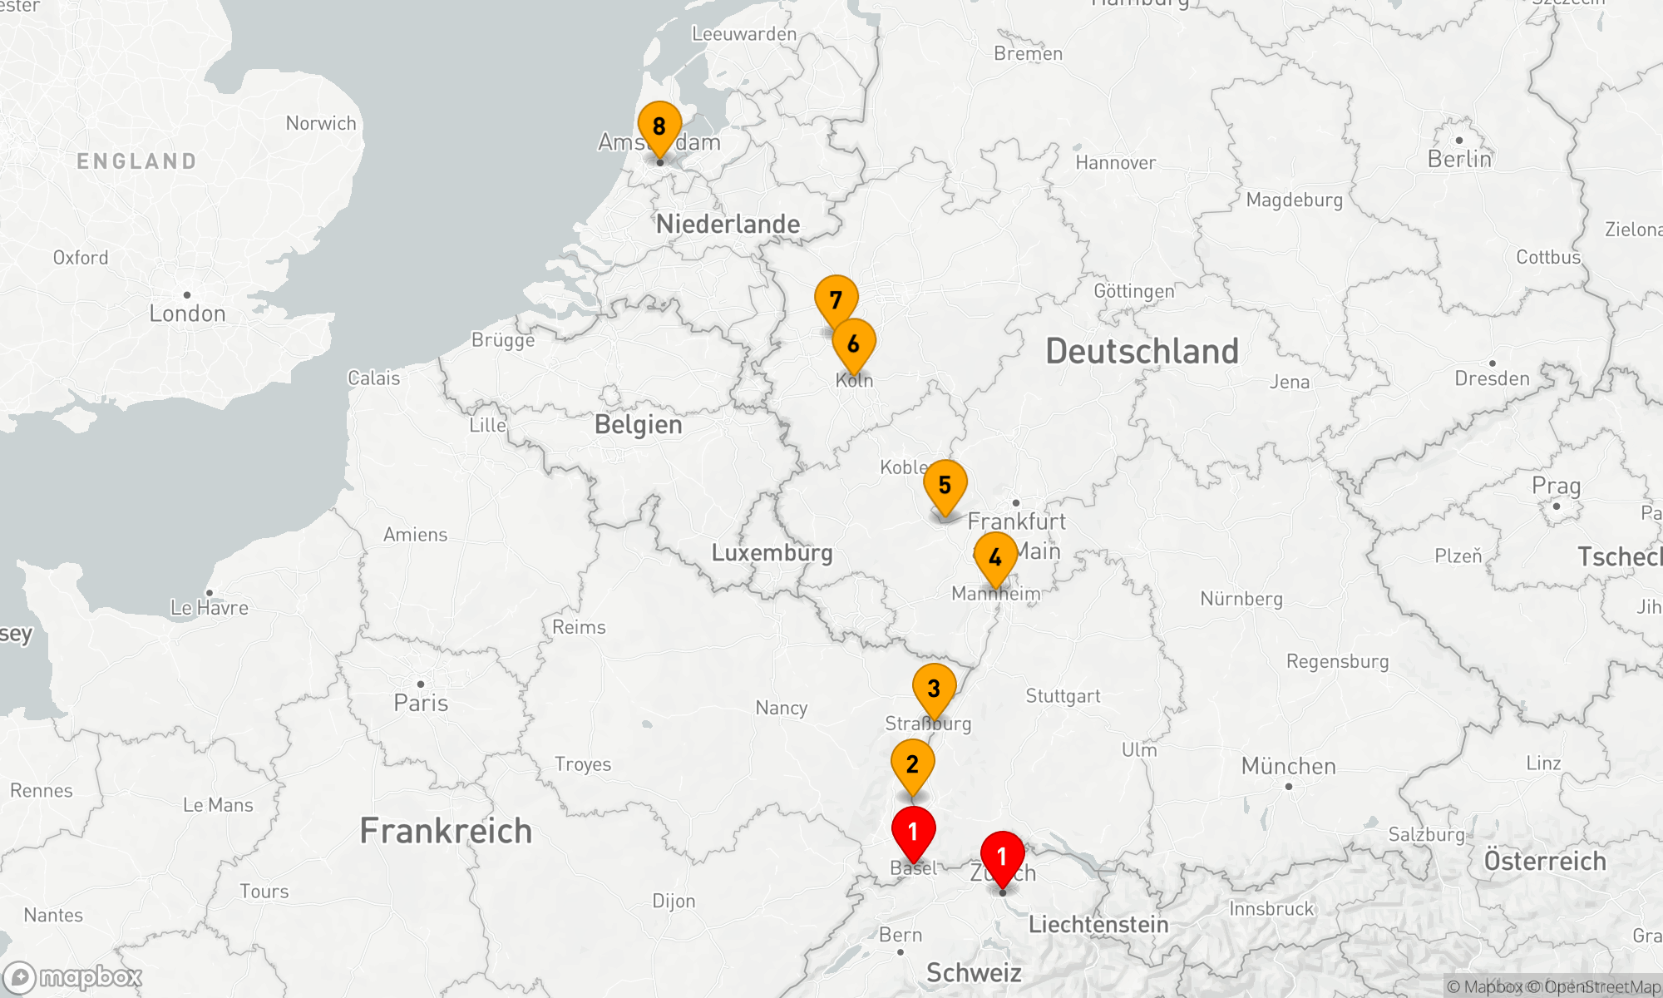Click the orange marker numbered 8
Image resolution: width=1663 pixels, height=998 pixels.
point(659,127)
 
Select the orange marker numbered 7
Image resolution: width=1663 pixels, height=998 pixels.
point(836,300)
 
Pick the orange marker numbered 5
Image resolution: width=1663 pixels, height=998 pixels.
point(945,485)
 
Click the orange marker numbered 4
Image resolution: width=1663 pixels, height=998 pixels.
point(995,558)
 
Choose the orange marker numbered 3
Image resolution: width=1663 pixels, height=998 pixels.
point(934,689)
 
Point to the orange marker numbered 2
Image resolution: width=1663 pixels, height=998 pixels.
point(912,764)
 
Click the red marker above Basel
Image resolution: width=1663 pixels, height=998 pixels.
point(913,831)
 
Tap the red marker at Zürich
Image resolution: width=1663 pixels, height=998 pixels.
point(1002,856)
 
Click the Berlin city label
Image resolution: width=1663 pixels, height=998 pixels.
point(1459,159)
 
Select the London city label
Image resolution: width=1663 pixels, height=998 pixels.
point(187,314)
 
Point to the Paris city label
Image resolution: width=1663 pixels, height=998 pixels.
point(421,703)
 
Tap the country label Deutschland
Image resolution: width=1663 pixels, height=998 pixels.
point(1142,351)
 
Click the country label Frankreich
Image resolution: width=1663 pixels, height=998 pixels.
point(446,831)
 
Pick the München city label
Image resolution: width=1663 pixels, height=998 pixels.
point(1288,766)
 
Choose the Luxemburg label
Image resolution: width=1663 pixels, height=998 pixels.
point(772,553)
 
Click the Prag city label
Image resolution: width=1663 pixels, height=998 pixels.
point(1556,486)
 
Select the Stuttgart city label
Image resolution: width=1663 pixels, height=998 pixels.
point(1063,696)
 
